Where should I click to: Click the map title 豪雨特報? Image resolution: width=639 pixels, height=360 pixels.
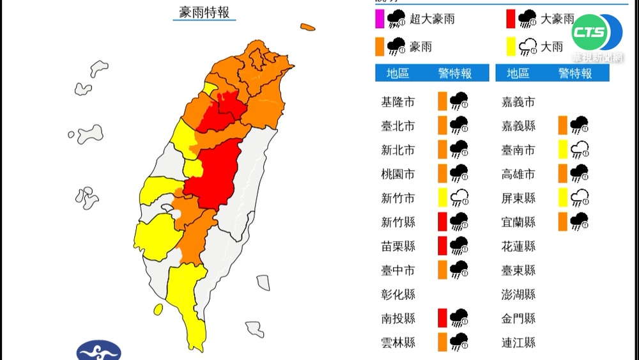click(x=204, y=12)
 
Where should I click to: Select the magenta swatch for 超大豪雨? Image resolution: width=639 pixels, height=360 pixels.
click(x=380, y=19)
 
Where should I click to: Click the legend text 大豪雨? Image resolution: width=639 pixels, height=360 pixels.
click(x=557, y=19)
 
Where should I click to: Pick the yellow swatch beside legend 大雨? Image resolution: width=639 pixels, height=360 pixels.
click(x=511, y=47)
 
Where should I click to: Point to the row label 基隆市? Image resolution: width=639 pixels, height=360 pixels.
click(x=398, y=102)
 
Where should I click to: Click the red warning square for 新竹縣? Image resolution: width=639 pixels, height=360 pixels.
click(x=442, y=222)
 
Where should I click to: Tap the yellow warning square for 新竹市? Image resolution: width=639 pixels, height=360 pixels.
click(x=442, y=198)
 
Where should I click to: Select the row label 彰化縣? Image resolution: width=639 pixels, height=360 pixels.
click(x=398, y=294)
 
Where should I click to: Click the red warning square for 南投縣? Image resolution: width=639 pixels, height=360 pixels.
click(x=442, y=318)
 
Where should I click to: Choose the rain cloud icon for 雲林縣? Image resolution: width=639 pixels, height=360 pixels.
click(x=458, y=342)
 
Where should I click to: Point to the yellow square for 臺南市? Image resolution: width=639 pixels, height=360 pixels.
click(x=562, y=150)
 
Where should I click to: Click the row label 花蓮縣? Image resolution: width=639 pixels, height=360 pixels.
click(x=518, y=246)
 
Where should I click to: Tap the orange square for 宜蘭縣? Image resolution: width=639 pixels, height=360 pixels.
click(x=562, y=222)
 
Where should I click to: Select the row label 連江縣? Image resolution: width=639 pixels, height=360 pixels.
click(x=518, y=342)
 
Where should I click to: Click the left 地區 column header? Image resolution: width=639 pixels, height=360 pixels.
click(x=398, y=74)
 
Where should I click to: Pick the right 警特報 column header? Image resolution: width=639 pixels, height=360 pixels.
click(x=575, y=74)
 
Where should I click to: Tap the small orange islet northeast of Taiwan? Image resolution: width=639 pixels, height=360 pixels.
click(x=308, y=27)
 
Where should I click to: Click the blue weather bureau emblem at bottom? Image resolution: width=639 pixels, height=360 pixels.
click(x=98, y=351)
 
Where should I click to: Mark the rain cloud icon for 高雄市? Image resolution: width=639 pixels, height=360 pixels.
click(x=579, y=173)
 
